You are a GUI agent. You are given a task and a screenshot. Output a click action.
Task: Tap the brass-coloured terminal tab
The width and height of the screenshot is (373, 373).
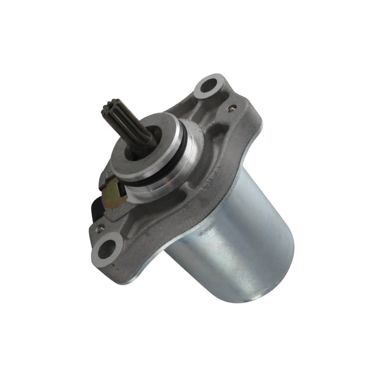pyautogui.click(x=114, y=191)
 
